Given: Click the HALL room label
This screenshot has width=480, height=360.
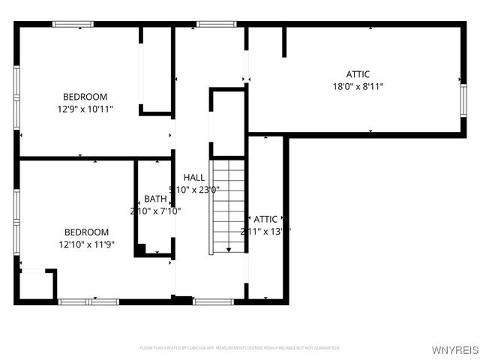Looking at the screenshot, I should point(194,178).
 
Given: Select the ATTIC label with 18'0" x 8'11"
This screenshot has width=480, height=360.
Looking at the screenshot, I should point(358,74).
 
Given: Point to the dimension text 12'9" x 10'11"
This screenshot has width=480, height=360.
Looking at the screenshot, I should point(85,109).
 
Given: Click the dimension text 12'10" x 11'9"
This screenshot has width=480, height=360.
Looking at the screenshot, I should point(85,244).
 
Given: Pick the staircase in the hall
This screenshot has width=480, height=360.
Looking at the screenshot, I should point(228,206).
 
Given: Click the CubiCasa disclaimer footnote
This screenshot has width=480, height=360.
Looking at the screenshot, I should point(240,348).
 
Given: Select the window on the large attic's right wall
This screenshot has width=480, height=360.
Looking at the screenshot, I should point(463,93).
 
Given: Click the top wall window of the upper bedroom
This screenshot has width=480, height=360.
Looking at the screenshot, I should point(73,24).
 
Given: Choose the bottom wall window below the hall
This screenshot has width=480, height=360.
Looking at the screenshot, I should point(214,301).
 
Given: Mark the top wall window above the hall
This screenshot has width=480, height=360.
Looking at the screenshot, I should point(216,24).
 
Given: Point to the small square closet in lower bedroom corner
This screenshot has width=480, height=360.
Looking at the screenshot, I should point(35,285).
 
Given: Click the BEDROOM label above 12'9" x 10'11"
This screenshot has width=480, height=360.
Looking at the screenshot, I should point(85,97).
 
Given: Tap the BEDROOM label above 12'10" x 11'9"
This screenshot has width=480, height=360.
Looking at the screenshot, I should point(85,232).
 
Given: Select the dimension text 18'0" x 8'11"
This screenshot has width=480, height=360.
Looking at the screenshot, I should point(358,86).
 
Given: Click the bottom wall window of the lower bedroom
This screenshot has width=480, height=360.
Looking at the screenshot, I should point(88,301).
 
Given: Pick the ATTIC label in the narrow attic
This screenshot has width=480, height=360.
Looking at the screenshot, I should point(265,219).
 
